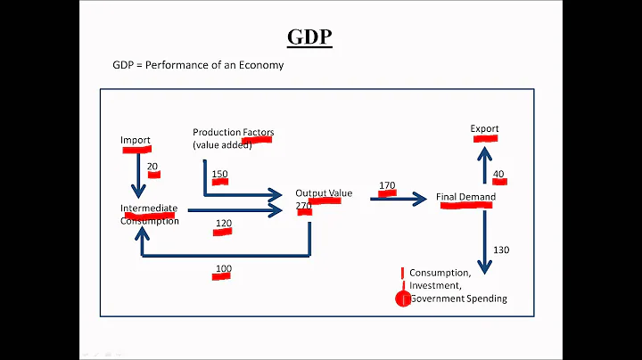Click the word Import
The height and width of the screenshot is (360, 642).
coord(135,141)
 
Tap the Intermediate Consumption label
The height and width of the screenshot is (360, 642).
coord(149,215)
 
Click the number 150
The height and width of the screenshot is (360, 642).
coord(219,174)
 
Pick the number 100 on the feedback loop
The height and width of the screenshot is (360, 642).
coord(223,269)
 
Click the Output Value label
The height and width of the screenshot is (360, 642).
coord(324,193)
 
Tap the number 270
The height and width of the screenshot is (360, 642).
coord(304,206)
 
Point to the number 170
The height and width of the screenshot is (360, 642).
coord(387,186)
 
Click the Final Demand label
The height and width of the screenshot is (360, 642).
coord(465,197)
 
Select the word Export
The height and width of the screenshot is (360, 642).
coord(484,129)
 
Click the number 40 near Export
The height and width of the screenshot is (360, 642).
coord(498,174)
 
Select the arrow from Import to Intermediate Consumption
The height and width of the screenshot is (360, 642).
coord(137,172)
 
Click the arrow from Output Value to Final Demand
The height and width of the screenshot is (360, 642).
coord(399,200)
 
